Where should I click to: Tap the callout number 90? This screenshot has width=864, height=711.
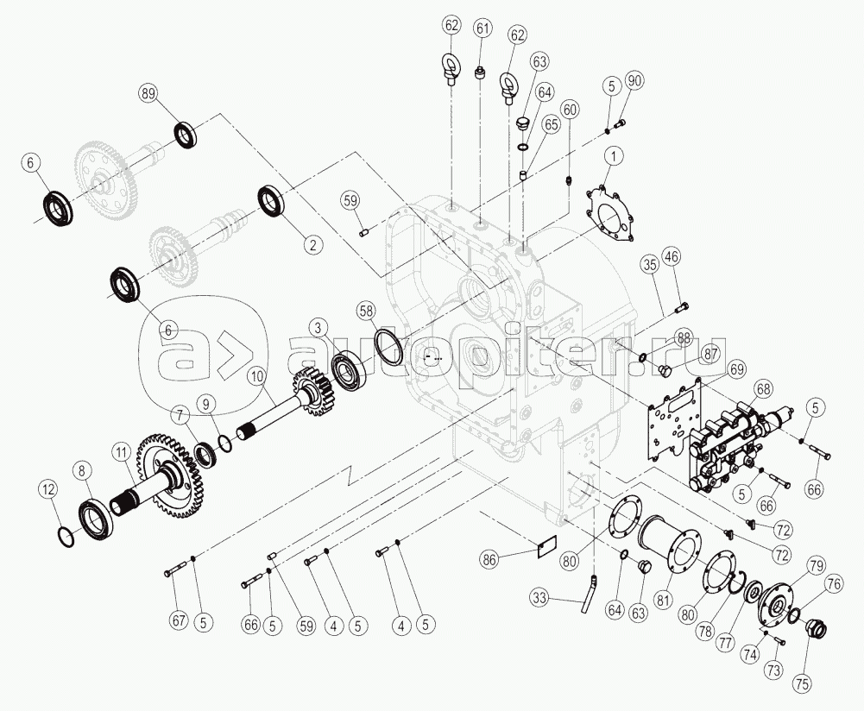point(634,81)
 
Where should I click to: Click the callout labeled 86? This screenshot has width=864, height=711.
point(489,560)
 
